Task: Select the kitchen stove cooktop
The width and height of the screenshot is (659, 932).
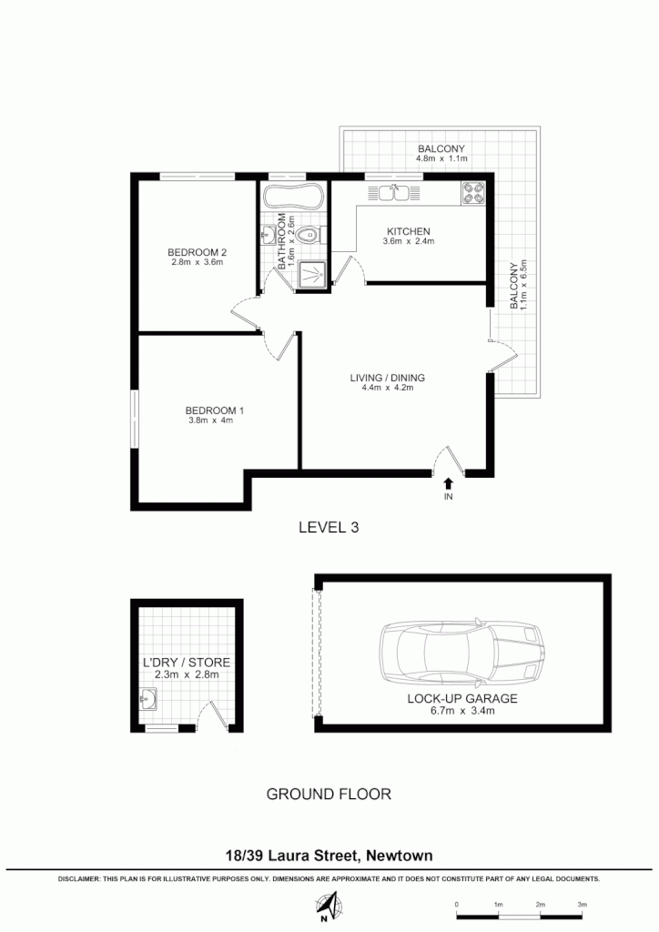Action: (x=473, y=193)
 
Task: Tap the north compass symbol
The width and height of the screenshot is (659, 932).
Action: (x=329, y=907)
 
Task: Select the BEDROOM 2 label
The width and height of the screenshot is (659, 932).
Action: (x=197, y=251)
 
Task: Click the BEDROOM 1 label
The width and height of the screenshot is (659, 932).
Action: (x=208, y=410)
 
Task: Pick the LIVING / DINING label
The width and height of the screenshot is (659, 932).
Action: (x=388, y=378)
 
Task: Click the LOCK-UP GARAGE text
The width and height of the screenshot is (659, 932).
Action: (x=462, y=699)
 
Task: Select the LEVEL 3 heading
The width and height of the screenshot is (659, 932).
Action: (x=329, y=527)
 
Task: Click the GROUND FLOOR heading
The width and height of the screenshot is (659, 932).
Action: (x=329, y=794)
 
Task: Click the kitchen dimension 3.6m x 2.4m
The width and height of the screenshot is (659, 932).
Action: (x=408, y=242)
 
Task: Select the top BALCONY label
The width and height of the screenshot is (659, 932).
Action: (x=441, y=148)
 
